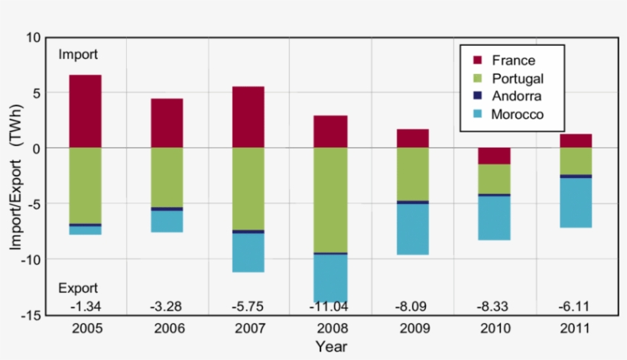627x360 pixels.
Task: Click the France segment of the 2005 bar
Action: click(85, 111)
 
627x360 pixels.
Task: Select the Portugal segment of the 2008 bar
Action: click(330, 199)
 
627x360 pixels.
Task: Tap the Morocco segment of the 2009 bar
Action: click(412, 229)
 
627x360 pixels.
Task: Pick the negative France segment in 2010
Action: click(494, 156)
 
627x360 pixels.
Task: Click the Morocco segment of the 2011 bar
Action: click(576, 203)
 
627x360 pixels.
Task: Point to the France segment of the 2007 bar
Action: click(249, 117)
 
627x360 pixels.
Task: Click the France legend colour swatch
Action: click(478, 60)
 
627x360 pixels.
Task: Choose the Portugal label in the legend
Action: click(518, 79)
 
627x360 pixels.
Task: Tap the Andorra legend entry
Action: click(517, 96)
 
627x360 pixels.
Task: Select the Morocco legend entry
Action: click(518, 114)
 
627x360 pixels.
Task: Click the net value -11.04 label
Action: click(330, 306)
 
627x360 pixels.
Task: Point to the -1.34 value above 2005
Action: click(85, 306)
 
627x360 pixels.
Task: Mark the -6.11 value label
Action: click(576, 306)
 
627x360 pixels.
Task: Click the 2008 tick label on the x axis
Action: click(330, 329)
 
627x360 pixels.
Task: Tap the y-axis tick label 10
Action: click(33, 37)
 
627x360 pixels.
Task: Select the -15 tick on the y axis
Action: click(30, 314)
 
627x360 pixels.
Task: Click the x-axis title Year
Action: click(332, 347)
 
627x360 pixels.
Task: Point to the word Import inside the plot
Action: click(78, 55)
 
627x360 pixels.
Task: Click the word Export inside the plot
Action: click(78, 288)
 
